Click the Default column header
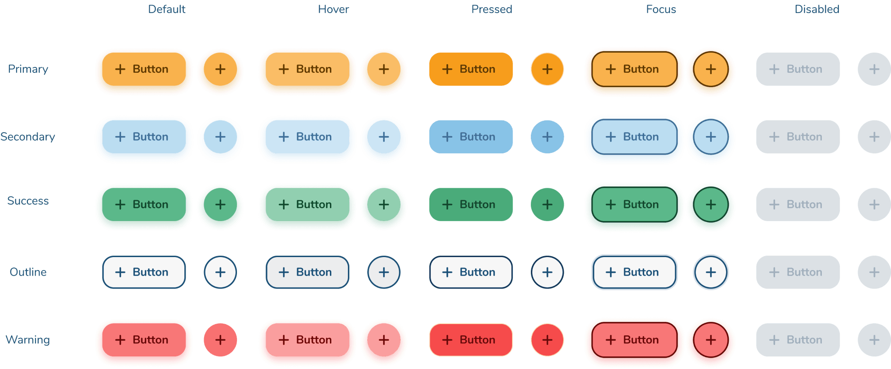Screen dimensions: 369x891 pos(166,9)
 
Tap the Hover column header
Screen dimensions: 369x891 pos(333,9)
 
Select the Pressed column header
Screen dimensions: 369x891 pos(491,9)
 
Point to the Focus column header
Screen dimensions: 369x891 pos(661,9)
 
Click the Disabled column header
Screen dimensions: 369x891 pos(817,9)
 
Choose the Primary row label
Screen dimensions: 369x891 pos(28,69)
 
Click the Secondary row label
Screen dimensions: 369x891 pos(28,137)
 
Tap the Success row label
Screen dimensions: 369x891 pos(28,200)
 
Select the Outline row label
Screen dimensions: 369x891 pos(28,272)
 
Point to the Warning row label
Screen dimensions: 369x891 pos(28,340)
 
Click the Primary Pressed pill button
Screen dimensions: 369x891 pos(471,69)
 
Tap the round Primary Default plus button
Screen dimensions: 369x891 pos(220,69)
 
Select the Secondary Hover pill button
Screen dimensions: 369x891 pos(307,137)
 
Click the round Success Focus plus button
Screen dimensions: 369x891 pos(711,205)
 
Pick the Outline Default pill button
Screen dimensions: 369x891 pos(144,272)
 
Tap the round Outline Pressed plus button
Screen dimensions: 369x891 pos(547,272)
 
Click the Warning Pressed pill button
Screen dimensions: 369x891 pos(471,340)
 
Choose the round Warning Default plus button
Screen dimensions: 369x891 pos(220,340)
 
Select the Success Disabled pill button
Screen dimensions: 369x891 pos(798,205)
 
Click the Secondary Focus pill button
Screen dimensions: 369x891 pos(634,137)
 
